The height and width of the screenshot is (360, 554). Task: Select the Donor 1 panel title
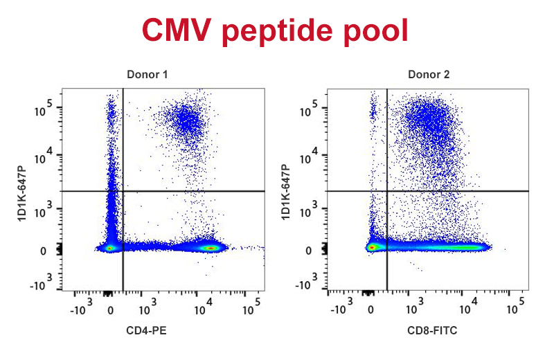point(146,74)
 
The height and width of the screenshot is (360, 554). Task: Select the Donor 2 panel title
point(429,74)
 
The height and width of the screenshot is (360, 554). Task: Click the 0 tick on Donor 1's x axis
point(110,309)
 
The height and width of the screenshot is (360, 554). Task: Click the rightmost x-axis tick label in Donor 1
point(252,305)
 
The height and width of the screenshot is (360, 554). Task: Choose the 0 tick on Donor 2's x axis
point(371,309)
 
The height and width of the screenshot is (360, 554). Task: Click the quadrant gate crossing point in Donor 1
point(123,191)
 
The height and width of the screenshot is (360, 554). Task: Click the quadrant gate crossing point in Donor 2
point(386,191)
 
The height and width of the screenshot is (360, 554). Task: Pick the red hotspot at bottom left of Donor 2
point(373,246)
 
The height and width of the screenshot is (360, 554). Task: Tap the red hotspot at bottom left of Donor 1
point(109,247)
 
